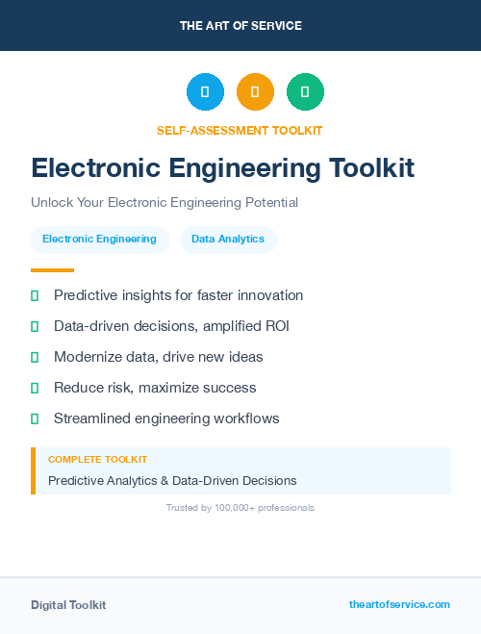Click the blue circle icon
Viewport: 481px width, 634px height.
tap(205, 92)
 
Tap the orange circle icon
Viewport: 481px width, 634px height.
tap(255, 92)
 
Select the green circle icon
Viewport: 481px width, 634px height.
tap(305, 92)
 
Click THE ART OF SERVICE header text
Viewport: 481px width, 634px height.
tap(240, 26)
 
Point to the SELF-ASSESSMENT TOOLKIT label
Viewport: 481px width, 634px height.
tap(240, 130)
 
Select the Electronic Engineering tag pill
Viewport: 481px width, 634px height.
tap(99, 240)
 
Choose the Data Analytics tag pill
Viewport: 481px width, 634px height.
tap(228, 240)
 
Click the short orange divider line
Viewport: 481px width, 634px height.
tap(52, 270)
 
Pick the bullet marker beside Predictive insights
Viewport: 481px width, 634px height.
tap(35, 295)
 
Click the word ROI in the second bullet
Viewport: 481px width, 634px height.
tap(276, 326)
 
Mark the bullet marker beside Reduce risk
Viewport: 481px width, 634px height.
tap(35, 388)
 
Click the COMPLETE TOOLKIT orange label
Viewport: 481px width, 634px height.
tap(97, 460)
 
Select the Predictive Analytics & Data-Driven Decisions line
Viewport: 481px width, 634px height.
tap(172, 480)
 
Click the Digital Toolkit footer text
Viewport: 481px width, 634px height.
tap(68, 604)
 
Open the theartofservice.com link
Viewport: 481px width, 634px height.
tap(399, 604)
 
